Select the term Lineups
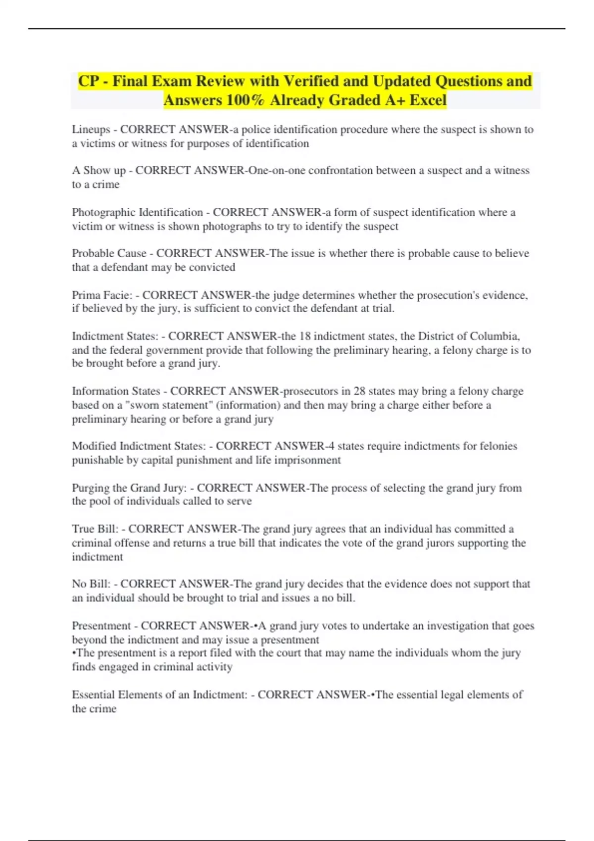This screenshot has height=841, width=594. (91, 130)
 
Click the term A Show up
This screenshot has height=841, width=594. (99, 171)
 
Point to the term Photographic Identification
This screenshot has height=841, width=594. (137, 213)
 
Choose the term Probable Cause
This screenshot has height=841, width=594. (109, 253)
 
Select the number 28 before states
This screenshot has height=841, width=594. (359, 391)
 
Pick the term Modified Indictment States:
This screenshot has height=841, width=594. (138, 446)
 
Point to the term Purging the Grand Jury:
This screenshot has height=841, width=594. (129, 488)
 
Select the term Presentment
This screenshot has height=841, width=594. (100, 626)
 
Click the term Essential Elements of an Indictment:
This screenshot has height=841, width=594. (159, 695)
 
